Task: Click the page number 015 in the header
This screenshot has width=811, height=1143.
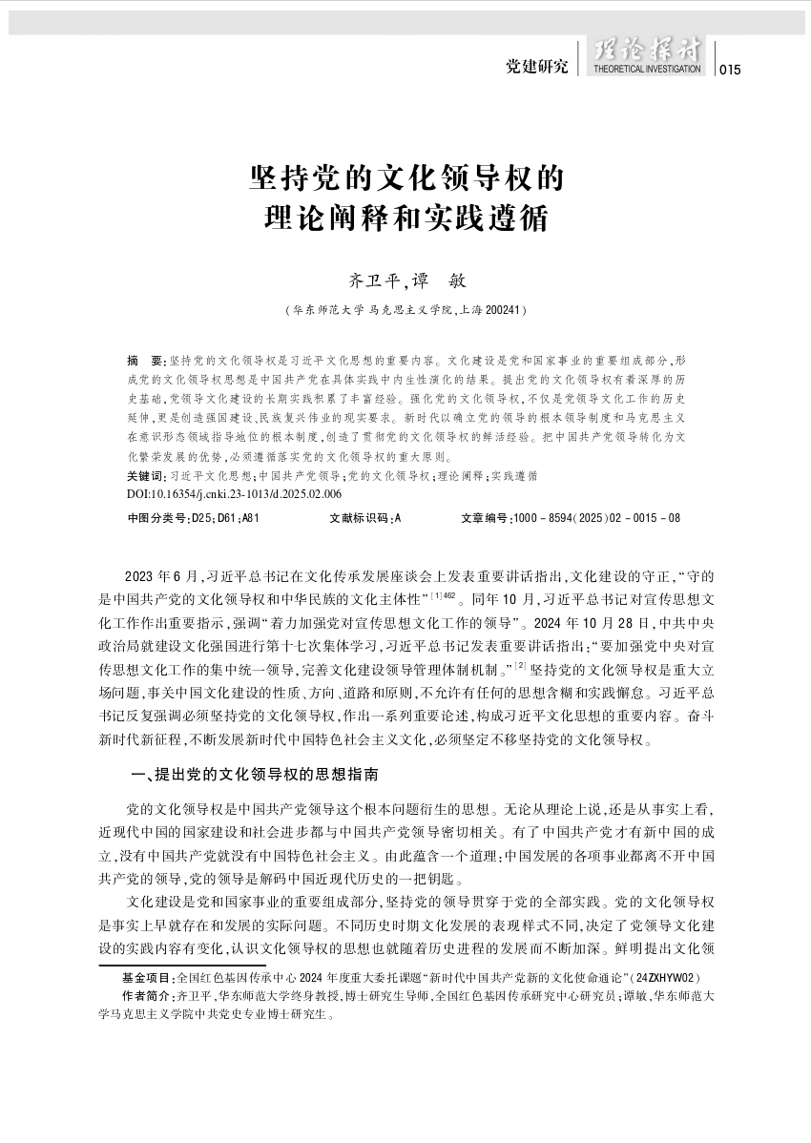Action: coord(729,69)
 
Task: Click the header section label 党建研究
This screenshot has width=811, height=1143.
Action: coord(537,67)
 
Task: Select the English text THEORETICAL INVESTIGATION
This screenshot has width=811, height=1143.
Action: coord(647,70)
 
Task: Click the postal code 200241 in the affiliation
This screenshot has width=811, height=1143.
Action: coord(500,310)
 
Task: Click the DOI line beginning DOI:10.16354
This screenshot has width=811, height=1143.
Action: coord(234,494)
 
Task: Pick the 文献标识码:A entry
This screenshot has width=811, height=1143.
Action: coord(364,519)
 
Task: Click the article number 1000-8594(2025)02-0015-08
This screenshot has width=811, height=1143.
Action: coord(571,519)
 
